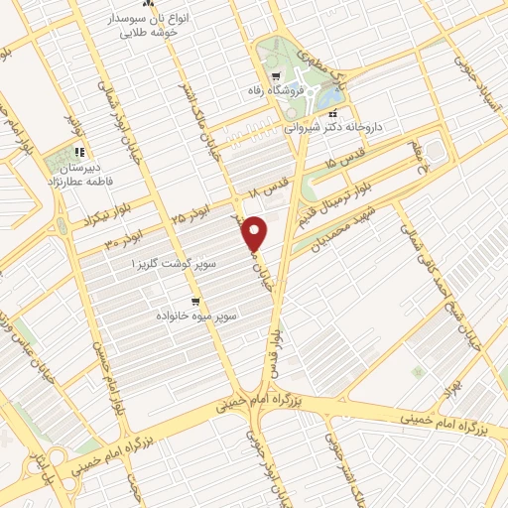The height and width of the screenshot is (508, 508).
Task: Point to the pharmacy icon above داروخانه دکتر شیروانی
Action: (332, 112)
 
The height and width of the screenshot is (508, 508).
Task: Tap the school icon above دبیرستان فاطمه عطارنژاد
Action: (78, 154)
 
